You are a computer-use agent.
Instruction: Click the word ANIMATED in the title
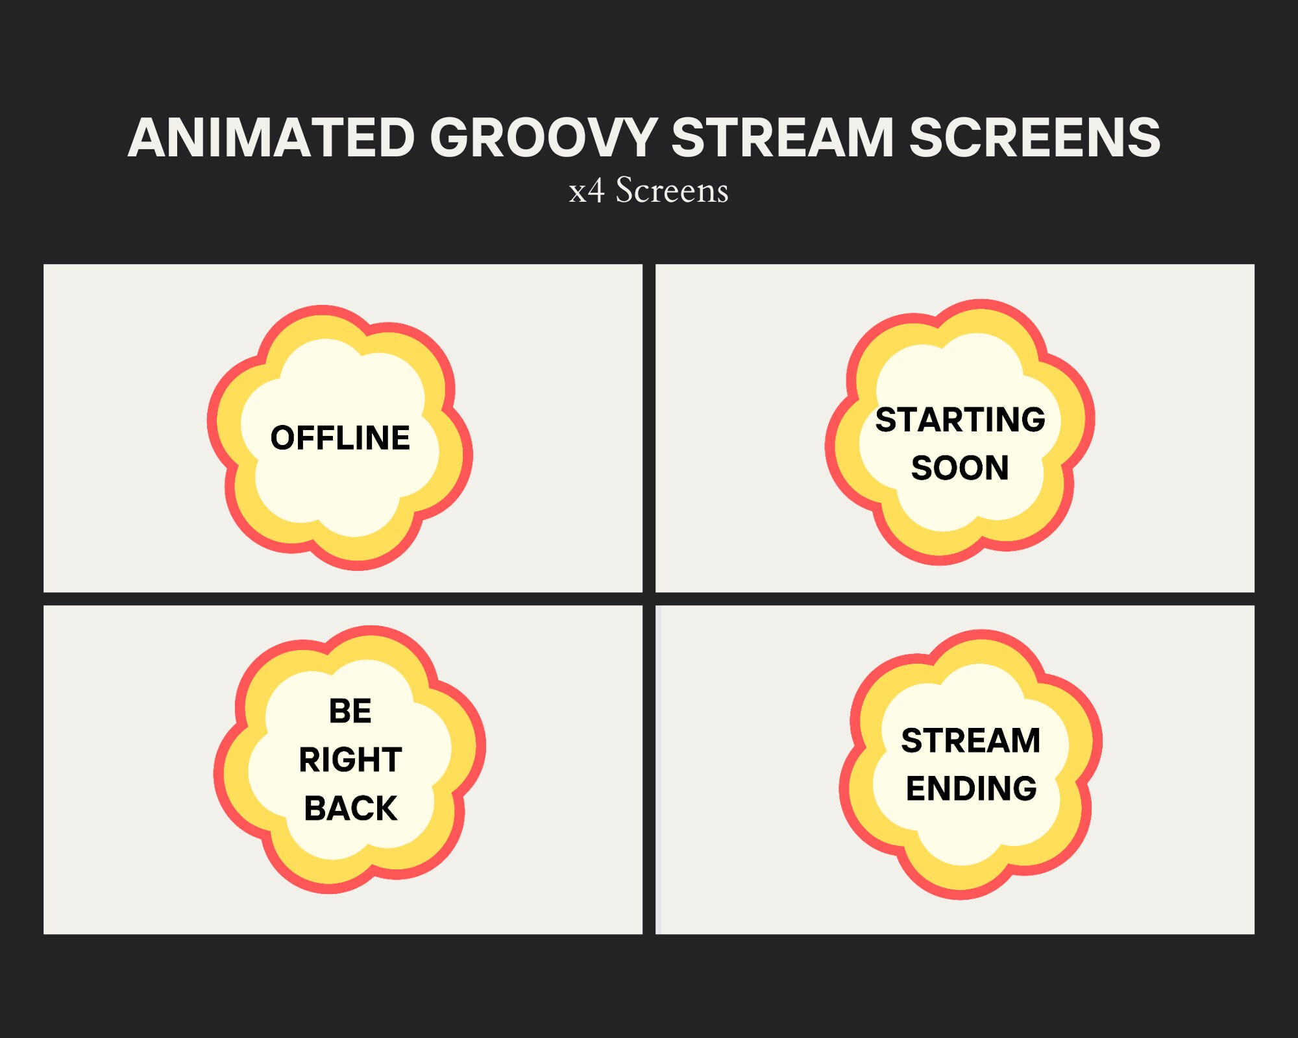pyautogui.click(x=271, y=138)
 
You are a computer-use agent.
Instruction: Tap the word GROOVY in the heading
pyautogui.click(x=543, y=138)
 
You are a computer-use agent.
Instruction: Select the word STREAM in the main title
pyautogui.click(x=782, y=138)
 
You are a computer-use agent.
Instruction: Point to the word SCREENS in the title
pyautogui.click(x=1035, y=138)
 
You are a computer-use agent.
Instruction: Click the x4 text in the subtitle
pyautogui.click(x=587, y=191)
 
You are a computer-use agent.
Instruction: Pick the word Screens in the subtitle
pyautogui.click(x=672, y=191)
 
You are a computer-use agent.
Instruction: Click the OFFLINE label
pyautogui.click(x=340, y=438)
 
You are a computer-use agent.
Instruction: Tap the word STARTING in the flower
pyautogui.click(x=960, y=420)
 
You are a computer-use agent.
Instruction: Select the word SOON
pyautogui.click(x=960, y=468)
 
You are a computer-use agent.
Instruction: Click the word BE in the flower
pyautogui.click(x=350, y=711)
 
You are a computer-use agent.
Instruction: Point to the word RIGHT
pyautogui.click(x=350, y=760)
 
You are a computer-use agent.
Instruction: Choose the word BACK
pyautogui.click(x=350, y=808)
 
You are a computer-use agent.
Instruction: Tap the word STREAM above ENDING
pyautogui.click(x=971, y=740)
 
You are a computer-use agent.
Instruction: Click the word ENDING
pyautogui.click(x=971, y=789)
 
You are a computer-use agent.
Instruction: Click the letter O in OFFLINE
pyautogui.click(x=284, y=438)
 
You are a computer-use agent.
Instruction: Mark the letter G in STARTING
pyautogui.click(x=1032, y=420)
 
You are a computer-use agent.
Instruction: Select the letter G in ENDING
pyautogui.click(x=1023, y=789)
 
